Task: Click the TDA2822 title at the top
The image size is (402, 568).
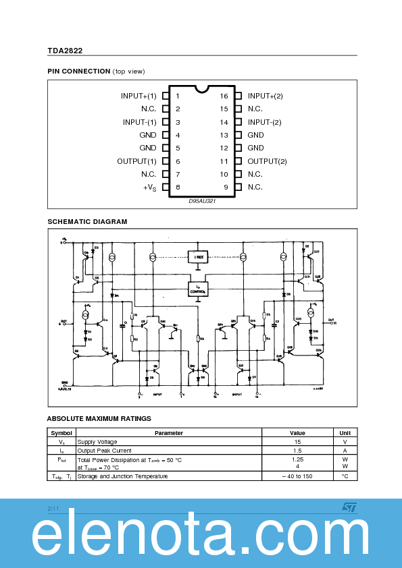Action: coord(65,50)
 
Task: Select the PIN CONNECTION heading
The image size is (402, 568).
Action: coord(78,71)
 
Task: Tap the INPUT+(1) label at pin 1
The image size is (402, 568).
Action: coord(139,96)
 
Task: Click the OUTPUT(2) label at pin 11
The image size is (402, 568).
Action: coord(267,161)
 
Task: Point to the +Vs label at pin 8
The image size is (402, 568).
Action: coord(149,188)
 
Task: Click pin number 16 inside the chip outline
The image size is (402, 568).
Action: coord(224,96)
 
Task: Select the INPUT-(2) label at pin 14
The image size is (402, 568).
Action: coord(264,122)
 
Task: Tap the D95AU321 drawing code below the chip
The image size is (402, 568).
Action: coord(202,201)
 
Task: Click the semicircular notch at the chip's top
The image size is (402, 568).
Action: coord(202,88)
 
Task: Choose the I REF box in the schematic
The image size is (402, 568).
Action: coord(199,257)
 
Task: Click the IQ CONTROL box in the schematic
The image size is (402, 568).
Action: coord(199,289)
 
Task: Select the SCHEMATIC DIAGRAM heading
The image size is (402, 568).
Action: coord(87,221)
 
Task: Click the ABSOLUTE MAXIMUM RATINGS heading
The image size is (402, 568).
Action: coord(99,418)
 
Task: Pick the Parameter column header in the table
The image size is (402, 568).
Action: coord(168,433)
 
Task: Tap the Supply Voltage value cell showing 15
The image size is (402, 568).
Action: coord(297,442)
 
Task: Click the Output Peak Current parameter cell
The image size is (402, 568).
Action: coord(104,451)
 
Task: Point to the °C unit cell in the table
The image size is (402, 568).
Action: coord(345,476)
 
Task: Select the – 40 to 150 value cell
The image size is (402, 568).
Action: coord(297,476)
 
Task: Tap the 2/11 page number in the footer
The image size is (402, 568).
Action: coord(53,507)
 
